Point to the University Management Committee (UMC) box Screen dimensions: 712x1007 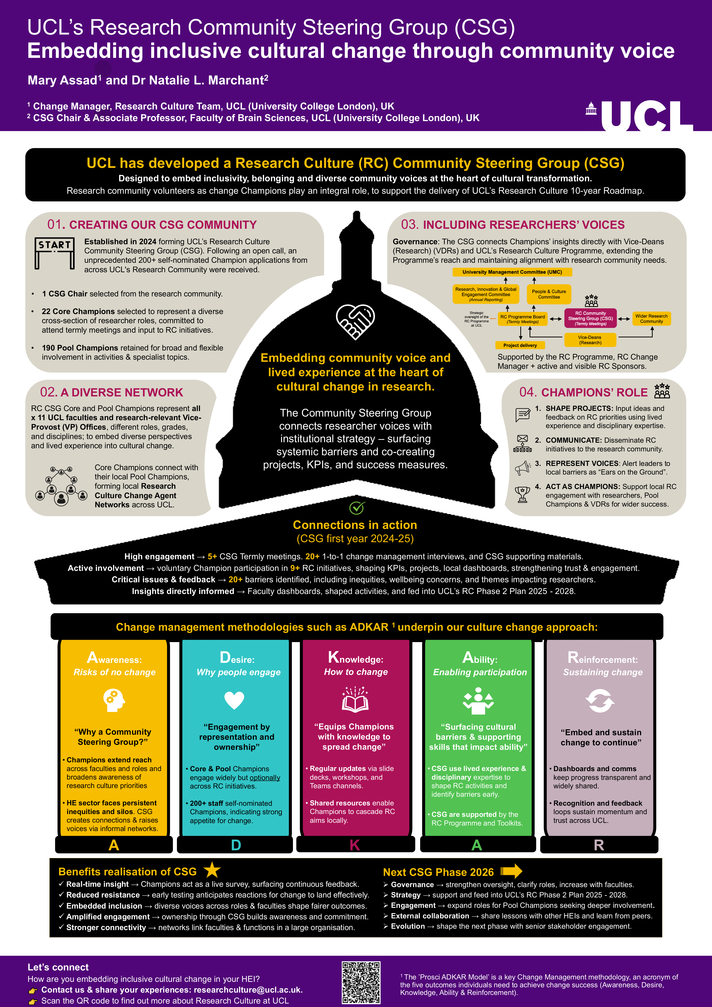pos(512,272)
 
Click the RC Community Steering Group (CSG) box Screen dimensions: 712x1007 pos(590,318)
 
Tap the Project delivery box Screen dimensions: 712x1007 pos(520,345)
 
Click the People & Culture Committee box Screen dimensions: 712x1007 pos(549,294)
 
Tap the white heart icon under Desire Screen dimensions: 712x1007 pos(234,700)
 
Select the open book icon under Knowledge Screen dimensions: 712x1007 pos(355,699)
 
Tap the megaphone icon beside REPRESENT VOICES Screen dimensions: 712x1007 pos(522,468)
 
